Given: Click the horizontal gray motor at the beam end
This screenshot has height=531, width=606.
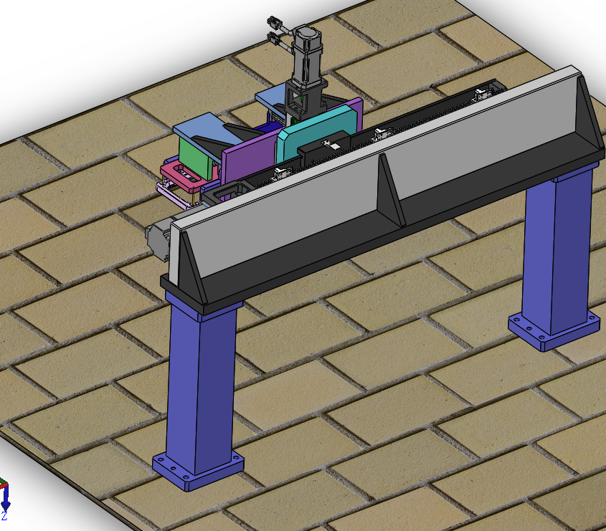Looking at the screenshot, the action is click(x=158, y=236).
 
